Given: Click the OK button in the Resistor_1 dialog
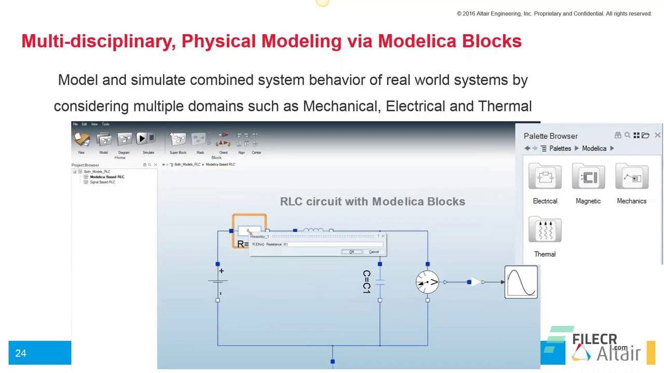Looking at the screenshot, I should [351, 252].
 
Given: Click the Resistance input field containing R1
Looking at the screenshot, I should [333, 245].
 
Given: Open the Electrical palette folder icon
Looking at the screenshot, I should [545, 177].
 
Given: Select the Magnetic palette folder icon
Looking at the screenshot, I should [588, 177].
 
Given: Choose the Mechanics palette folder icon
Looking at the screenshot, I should [631, 177].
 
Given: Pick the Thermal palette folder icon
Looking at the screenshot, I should [545, 230].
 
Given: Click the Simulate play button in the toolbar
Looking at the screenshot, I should [142, 138].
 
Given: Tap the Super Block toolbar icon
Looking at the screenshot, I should [178, 139].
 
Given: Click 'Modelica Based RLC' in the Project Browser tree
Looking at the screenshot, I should [107, 177].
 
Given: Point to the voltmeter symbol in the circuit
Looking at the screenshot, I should [427, 282].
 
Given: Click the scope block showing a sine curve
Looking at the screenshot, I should [521, 282].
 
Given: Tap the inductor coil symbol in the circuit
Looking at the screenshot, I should [313, 230].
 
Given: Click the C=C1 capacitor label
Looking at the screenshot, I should [366, 282].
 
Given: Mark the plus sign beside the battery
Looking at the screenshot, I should [222, 271].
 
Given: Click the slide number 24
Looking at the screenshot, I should [21, 353].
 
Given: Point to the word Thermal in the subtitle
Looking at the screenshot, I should [505, 106].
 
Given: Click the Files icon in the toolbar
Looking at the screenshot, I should [81, 139].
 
